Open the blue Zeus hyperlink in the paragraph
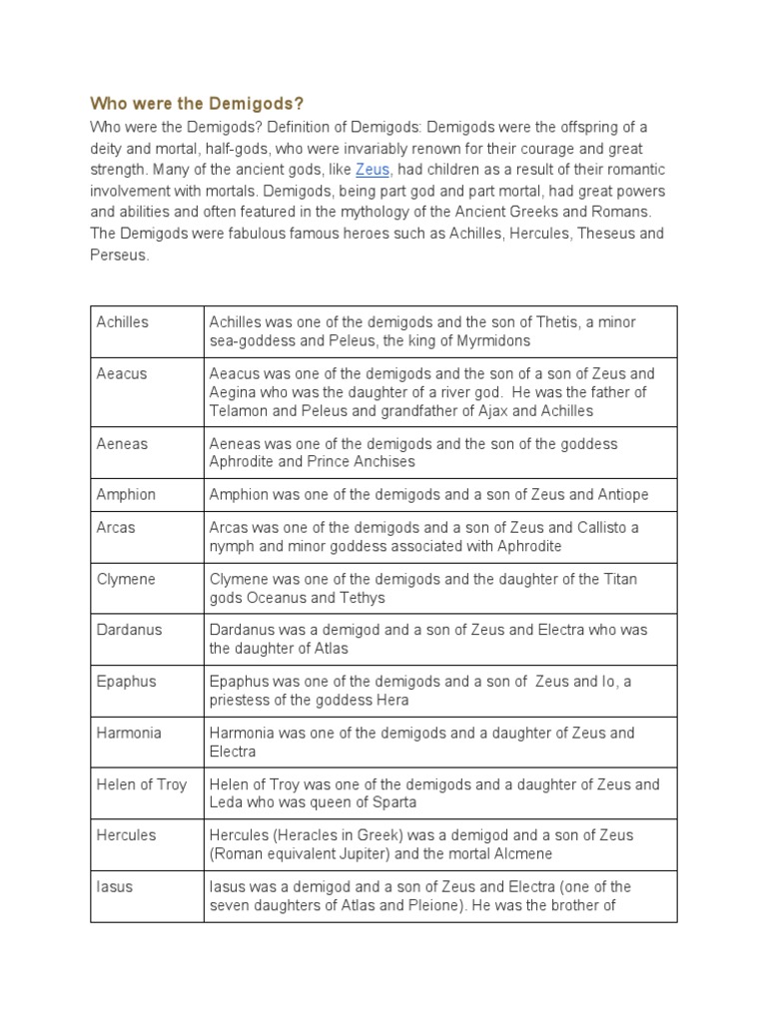372,170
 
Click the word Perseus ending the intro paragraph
118,255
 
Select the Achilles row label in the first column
123,321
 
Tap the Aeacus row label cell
122,373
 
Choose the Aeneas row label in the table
122,443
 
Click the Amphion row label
126,494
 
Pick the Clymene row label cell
126,579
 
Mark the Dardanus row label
129,630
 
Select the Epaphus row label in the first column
127,682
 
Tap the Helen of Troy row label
142,784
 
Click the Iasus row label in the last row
115,886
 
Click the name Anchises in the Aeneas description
383,462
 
